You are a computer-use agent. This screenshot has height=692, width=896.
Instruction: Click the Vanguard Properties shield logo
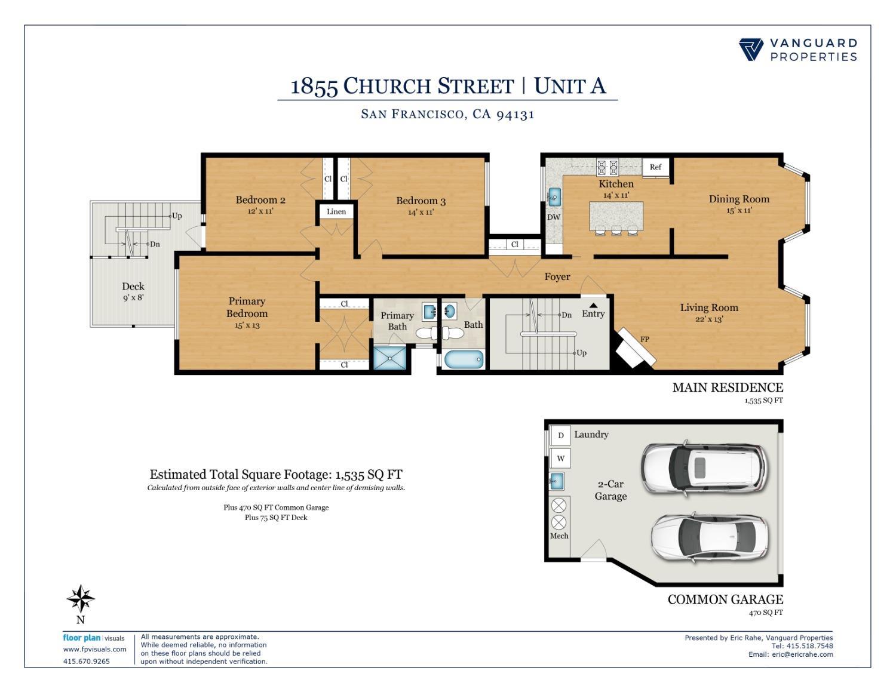[x=751, y=50]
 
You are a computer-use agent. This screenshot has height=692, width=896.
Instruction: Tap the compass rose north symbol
[x=81, y=598]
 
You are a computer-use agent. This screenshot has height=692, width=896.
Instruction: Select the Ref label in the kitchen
[x=655, y=167]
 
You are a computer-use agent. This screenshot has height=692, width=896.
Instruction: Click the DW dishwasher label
[x=554, y=217]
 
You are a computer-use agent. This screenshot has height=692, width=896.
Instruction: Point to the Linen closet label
[x=336, y=211]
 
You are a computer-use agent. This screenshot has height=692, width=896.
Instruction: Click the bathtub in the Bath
[x=464, y=359]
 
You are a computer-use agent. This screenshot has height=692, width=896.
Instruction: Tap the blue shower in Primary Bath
[x=389, y=358]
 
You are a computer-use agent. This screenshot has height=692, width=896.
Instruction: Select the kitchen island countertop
[x=616, y=216]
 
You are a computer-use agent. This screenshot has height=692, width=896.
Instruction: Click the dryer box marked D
[x=560, y=435]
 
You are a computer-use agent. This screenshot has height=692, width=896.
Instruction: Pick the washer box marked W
[x=560, y=459]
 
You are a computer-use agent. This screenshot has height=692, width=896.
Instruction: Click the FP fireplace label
[x=645, y=339]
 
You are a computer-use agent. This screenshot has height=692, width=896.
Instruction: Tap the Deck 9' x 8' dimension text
[x=133, y=297]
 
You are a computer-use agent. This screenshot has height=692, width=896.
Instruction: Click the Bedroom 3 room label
[x=421, y=201]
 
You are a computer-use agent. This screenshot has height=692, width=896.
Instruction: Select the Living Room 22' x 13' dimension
[x=709, y=319]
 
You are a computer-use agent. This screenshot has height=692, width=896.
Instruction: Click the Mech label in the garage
[x=559, y=536]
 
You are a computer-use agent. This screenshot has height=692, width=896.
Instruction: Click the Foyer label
[x=557, y=276]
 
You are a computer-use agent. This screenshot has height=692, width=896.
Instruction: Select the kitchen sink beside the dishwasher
[x=554, y=195]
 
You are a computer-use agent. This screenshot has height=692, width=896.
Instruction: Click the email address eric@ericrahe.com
[x=802, y=654]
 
